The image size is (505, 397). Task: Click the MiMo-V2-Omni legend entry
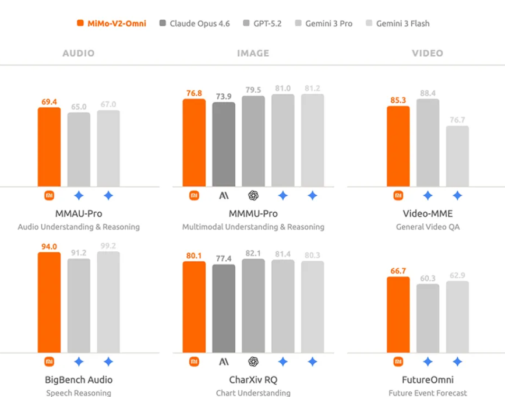click(111, 24)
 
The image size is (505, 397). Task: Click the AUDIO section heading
click(79, 53)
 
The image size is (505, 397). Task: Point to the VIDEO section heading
click(428, 53)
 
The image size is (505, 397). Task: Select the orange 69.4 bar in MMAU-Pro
click(49, 147)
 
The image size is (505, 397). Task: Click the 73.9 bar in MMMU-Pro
click(224, 145)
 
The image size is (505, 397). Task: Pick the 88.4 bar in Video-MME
click(428, 143)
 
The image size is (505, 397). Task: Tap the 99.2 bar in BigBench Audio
click(108, 302)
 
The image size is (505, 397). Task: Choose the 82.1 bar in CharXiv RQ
click(253, 305)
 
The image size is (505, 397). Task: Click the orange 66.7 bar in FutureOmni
click(398, 315)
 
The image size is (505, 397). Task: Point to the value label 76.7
click(457, 120)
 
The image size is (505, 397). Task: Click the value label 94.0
click(49, 247)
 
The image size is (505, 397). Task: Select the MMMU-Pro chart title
click(253, 213)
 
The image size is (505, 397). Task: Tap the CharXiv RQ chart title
click(253, 380)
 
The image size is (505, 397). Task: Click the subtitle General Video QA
click(428, 227)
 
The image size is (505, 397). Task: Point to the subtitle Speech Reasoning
click(79, 393)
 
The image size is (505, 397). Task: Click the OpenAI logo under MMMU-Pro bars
click(253, 196)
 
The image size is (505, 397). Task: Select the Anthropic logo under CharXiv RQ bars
click(224, 361)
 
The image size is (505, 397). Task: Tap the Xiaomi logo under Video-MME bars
click(398, 196)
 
